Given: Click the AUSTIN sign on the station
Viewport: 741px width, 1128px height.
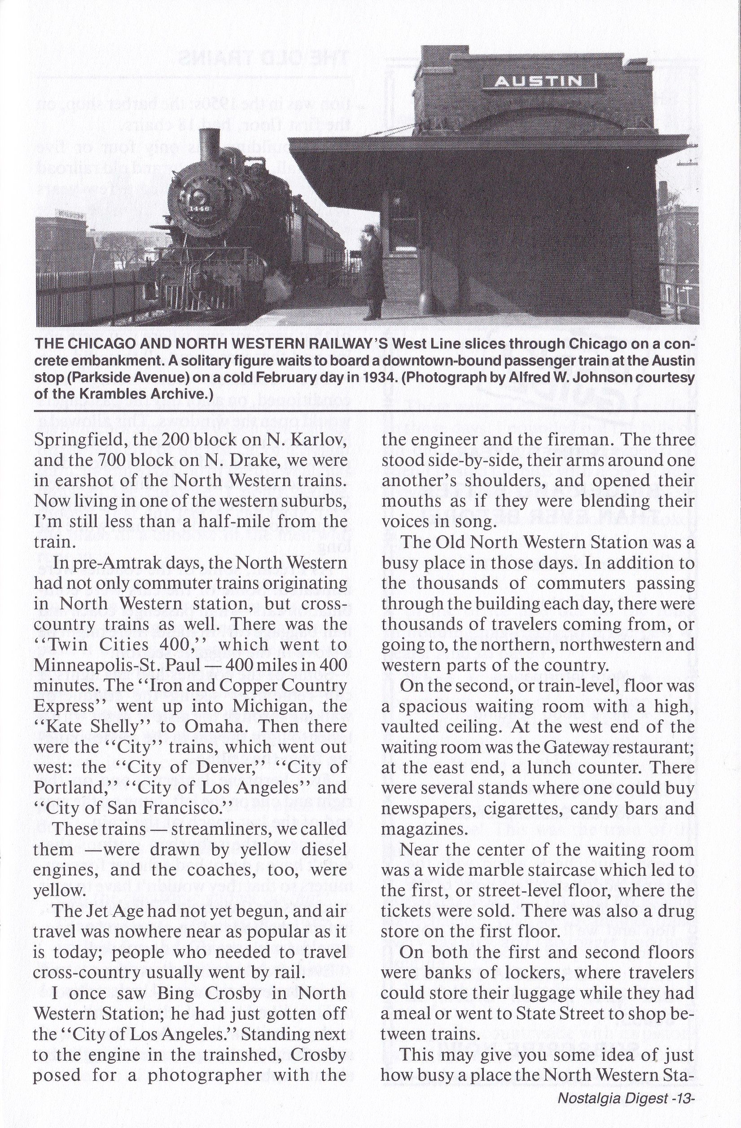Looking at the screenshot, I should click(x=539, y=82).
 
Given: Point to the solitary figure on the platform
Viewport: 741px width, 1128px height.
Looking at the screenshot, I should click(x=373, y=275).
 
